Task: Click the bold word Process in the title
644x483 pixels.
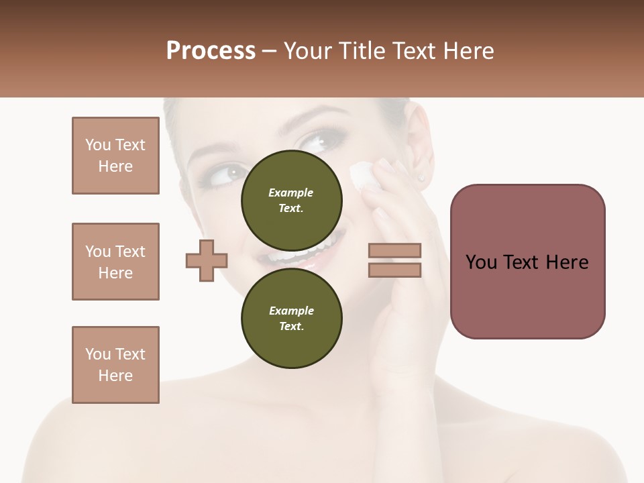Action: [x=211, y=51]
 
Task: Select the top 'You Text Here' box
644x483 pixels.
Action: [x=115, y=156]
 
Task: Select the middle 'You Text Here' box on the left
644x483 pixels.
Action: [x=115, y=262]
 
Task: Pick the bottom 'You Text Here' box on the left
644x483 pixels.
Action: [x=115, y=365]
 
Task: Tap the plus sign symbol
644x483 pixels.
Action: [x=207, y=260]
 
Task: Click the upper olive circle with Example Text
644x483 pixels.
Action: [x=291, y=200]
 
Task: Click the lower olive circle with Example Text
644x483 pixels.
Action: [x=291, y=318]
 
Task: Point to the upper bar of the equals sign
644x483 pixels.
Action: [x=394, y=251]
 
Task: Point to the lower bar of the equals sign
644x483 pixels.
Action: [x=394, y=270]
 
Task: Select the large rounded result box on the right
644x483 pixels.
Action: [x=527, y=262]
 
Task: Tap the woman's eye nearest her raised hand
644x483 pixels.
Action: [x=315, y=142]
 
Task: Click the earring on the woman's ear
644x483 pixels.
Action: [x=422, y=178]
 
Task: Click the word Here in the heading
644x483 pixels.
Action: [x=469, y=51]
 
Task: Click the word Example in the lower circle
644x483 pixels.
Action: [x=291, y=311]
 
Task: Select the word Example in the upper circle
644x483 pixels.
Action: [x=291, y=193]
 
